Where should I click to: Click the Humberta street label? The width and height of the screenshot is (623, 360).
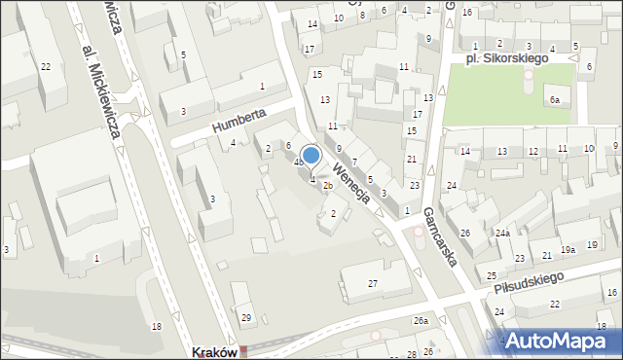(239, 122)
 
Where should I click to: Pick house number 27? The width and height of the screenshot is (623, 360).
(373, 283)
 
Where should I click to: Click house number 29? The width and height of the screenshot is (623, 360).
(246, 318)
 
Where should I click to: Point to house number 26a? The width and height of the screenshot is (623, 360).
(420, 320)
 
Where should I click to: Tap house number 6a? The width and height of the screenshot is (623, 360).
(554, 100)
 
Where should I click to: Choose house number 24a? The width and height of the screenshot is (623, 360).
(502, 234)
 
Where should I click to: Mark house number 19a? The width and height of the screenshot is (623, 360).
(568, 250)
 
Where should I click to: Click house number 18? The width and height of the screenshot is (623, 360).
(157, 326)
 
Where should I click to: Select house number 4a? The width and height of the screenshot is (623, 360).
(299, 162)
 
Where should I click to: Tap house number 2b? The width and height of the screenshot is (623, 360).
(328, 186)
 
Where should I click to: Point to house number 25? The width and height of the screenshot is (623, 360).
(493, 277)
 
